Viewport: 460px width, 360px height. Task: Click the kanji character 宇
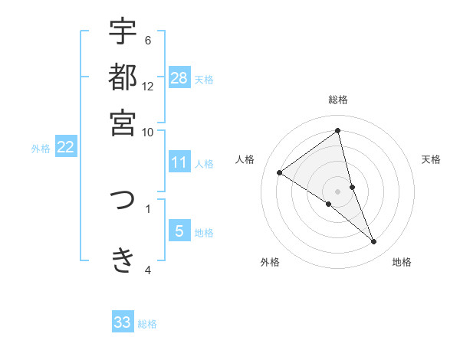pos(123,32)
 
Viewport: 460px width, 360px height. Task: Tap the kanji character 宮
pos(123,122)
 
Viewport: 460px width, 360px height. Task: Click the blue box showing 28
pos(179,77)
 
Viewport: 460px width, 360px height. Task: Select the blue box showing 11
pos(179,162)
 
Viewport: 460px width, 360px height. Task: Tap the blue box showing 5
pos(179,231)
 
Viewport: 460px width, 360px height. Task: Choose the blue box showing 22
pos(65,148)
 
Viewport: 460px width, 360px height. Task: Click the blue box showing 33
pos(123,322)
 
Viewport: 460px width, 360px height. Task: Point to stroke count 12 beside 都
pos(148,87)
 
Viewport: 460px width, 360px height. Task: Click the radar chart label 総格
pos(338,100)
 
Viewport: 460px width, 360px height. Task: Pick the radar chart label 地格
pos(402,263)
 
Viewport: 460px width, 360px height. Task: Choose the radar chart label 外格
pos(270,263)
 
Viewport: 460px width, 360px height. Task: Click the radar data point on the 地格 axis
pos(374,242)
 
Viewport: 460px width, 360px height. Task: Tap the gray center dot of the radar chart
pos(338,191)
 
